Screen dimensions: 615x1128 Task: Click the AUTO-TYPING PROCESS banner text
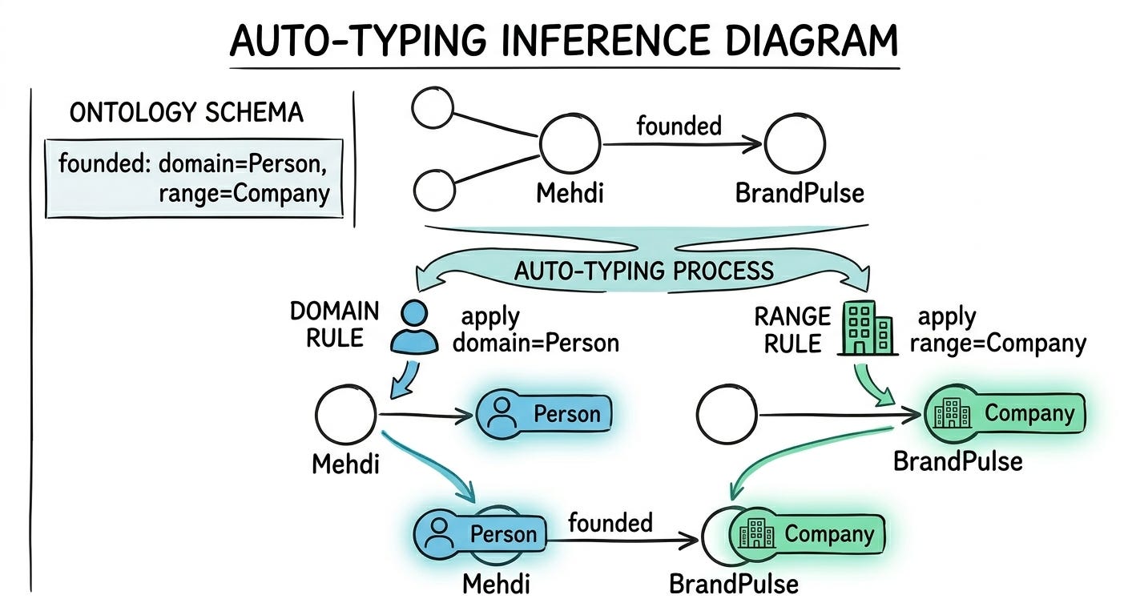[644, 270]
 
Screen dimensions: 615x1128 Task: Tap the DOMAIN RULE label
[334, 324]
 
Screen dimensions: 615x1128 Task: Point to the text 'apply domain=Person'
[535, 330]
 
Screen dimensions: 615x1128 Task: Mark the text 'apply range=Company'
[997, 330]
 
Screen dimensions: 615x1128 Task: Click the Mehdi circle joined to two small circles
[570, 144]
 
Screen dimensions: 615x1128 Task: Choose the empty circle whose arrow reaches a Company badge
[727, 415]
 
